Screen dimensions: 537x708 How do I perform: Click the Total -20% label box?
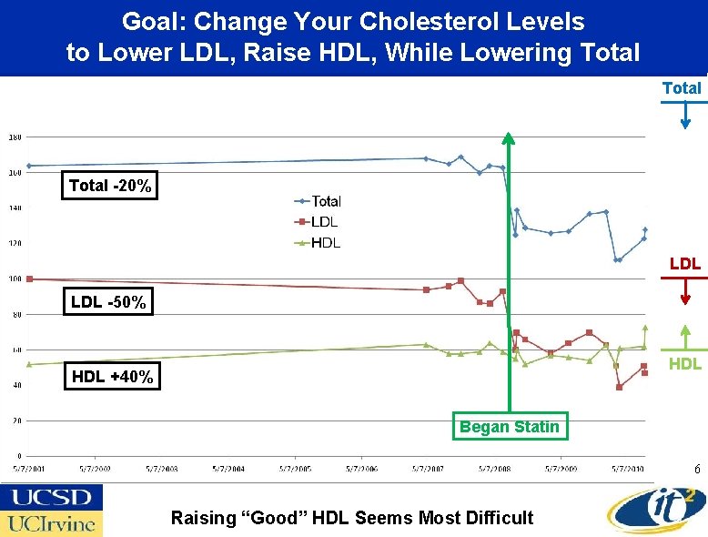[x=109, y=186]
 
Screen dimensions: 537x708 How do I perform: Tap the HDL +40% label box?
[x=111, y=376]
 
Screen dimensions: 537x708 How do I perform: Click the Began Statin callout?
[x=509, y=427]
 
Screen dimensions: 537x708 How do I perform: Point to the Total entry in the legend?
[x=318, y=201]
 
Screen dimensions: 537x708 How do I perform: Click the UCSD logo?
[x=51, y=498]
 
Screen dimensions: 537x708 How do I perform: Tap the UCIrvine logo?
[x=51, y=523]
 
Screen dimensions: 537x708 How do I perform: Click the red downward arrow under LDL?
[x=686, y=290]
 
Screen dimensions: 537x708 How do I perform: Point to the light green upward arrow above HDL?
[x=685, y=337]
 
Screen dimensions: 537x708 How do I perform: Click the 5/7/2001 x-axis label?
[x=29, y=468]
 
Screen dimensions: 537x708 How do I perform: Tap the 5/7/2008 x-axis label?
[x=495, y=468]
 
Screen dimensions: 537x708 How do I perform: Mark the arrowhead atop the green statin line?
[x=508, y=139]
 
